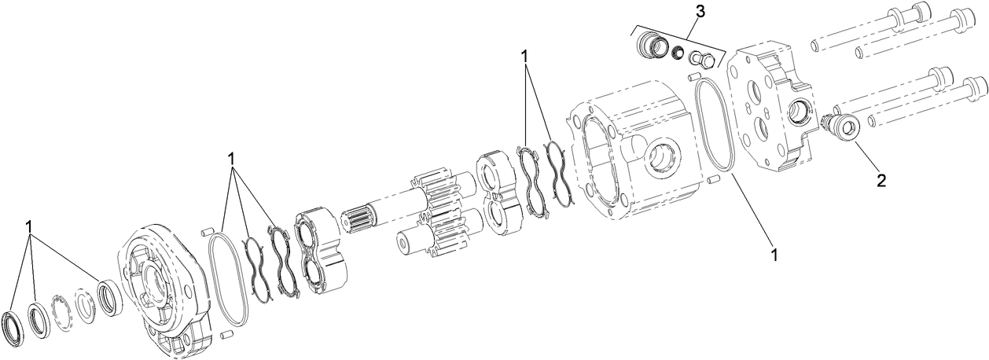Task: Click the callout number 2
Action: pyautogui.click(x=881, y=181)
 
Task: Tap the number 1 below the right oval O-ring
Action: pyautogui.click(x=774, y=255)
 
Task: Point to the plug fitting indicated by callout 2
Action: pyautogui.click(x=845, y=126)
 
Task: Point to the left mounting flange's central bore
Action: pyautogui.click(x=151, y=281)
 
